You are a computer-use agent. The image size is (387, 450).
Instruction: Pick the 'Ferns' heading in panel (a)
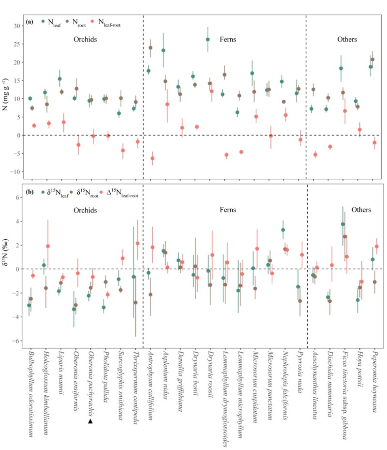pos(226,39)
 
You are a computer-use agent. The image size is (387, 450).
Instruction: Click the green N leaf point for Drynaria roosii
pos(208,40)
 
